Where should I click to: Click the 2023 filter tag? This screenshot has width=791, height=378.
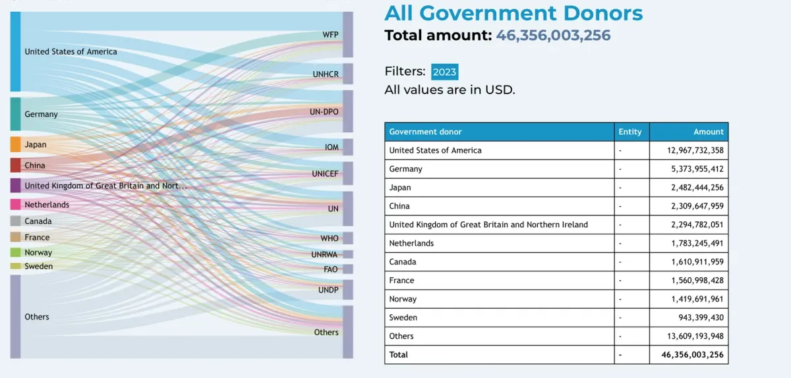pos(444,72)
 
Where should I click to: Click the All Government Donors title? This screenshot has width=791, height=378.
pos(513,13)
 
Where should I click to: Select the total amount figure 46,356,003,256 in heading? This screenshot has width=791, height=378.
pos(553,36)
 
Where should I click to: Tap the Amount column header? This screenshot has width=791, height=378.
pos(708,132)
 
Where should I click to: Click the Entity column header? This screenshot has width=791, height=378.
pos(630,132)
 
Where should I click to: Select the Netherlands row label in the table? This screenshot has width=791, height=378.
pos(411,243)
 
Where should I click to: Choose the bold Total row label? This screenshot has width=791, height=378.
pos(399,354)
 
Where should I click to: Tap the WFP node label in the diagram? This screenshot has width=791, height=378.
pos(330,34)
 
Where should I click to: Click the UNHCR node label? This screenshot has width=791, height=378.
pos(326,74)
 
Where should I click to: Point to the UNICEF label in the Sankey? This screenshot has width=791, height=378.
pos(325,174)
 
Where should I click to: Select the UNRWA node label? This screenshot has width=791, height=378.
pos(324,254)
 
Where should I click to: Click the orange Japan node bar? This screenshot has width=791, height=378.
pos(15,145)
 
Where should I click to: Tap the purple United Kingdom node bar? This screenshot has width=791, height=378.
pos(15,186)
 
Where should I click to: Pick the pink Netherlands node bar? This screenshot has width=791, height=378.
pos(15,205)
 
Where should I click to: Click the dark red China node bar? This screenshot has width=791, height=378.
pos(15,165)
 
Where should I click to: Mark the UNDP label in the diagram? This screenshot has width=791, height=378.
pos(328,290)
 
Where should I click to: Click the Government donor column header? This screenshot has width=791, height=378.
pos(425,132)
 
